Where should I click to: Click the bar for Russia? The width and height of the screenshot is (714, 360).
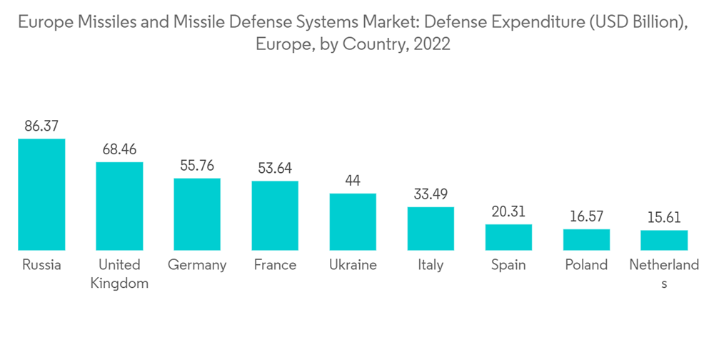pos(41,194)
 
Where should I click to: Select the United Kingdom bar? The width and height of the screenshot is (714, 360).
pos(119,206)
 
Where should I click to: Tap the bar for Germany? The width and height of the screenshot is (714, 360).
pos(197,214)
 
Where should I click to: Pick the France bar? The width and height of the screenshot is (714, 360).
pos(275,216)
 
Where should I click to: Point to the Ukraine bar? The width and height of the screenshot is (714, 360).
pos(353,221)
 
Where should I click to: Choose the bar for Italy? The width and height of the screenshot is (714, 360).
pos(431,229)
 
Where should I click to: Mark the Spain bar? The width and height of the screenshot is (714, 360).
pos(508,237)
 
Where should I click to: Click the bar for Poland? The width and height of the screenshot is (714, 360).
pos(586,239)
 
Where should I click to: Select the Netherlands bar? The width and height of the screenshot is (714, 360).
pos(664,240)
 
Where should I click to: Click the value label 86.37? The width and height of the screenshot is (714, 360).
pos(41,126)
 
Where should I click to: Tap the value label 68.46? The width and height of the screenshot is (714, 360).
pos(119,150)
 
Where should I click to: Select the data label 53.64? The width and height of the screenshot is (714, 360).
pos(275,169)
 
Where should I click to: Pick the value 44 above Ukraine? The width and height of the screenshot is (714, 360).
pos(353,181)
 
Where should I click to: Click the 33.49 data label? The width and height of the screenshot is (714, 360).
pos(431,194)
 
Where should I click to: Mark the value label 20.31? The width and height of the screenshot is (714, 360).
pos(508,211)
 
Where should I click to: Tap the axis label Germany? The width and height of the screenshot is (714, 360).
pos(197,265)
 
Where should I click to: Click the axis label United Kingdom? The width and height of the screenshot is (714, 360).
pos(119,274)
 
